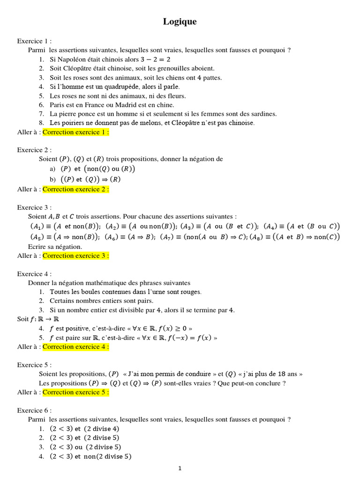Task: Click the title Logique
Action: coord(180,22)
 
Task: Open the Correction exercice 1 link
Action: coord(76,132)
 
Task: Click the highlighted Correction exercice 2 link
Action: coord(76,189)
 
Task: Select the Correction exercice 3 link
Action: coord(76,256)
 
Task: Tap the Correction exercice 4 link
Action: coord(76,347)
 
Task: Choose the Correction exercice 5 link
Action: coord(76,392)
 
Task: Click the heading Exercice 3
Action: coord(34,207)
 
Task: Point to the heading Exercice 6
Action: coord(34,410)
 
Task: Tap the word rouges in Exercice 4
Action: coord(190,292)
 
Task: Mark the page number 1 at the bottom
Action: coord(180,467)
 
